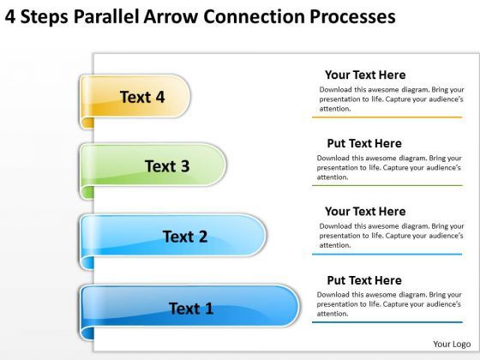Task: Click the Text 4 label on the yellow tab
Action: [x=141, y=97]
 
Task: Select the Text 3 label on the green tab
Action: [x=166, y=166]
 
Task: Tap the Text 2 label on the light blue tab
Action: [x=184, y=237]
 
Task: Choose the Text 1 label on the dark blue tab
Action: [x=191, y=308]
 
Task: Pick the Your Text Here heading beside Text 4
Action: [x=365, y=75]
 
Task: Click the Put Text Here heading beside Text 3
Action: [x=364, y=143]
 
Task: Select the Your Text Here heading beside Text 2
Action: [x=365, y=211]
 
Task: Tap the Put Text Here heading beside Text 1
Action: [x=364, y=280]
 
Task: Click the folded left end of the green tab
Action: [x=85, y=171]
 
